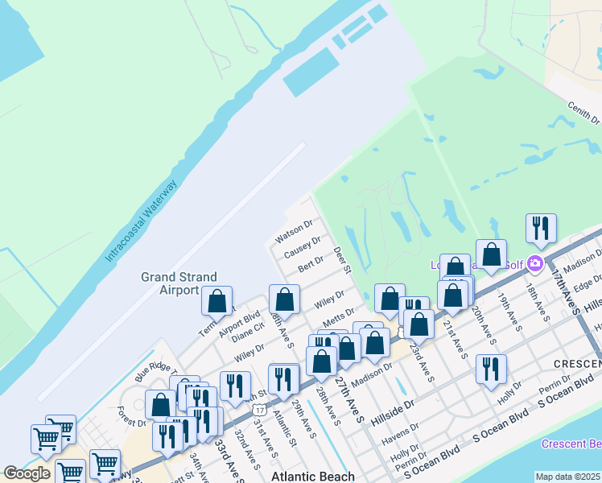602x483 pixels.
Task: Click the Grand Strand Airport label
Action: pos(170,283)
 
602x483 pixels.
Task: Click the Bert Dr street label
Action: pos(310,263)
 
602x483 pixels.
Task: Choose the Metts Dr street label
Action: pos(339,314)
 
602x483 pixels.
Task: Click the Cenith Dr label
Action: pos(583,114)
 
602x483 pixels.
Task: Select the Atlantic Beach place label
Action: pos(313,477)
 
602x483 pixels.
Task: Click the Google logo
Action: pos(27,473)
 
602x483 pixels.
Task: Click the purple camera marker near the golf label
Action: pos(535,263)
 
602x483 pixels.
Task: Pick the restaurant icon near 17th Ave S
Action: pos(541,228)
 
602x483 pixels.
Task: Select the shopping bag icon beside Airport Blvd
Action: pos(216,301)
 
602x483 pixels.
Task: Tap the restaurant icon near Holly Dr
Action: pos(491,369)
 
